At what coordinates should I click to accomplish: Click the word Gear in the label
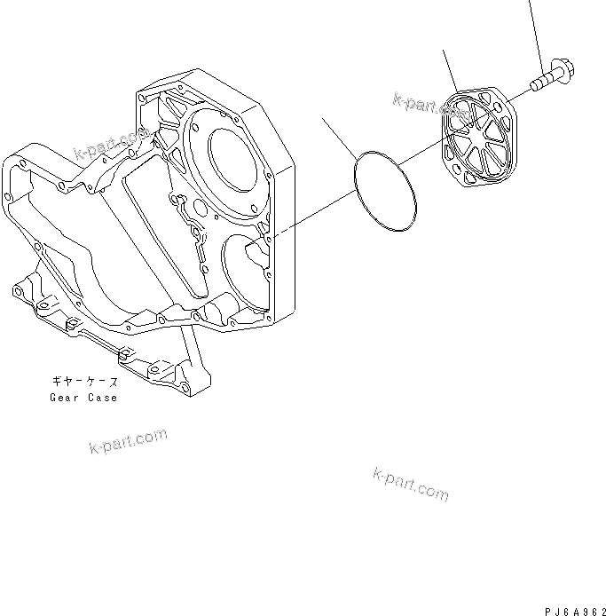click(x=65, y=397)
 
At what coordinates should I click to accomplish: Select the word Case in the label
click(x=101, y=397)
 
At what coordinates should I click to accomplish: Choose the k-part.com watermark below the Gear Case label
click(x=128, y=441)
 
